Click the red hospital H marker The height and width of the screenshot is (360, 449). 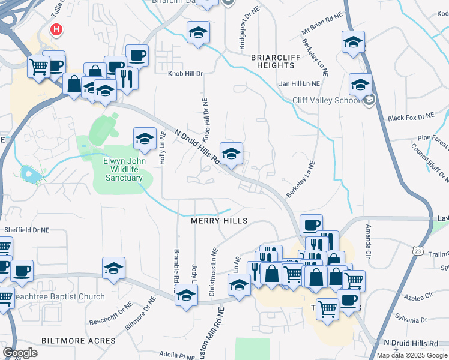pyautogui.click(x=56, y=29)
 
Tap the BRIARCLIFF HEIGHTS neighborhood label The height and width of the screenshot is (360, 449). pyautogui.click(x=271, y=61)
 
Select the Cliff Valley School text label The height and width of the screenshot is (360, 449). pyautogui.click(x=325, y=100)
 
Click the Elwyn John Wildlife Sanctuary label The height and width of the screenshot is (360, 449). pyautogui.click(x=124, y=169)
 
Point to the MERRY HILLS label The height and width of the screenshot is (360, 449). pyautogui.click(x=219, y=221)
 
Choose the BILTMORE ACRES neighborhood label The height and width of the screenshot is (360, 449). pyautogui.click(x=78, y=341)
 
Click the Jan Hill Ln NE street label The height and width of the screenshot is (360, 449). pyautogui.click(x=300, y=85)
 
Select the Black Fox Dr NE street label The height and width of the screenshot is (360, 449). pyautogui.click(x=411, y=118)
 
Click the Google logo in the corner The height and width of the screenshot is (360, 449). pyautogui.click(x=20, y=353)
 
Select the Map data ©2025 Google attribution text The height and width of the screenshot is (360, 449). pyautogui.click(x=412, y=355)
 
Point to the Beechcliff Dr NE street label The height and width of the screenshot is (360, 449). pyautogui.click(x=107, y=313)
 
